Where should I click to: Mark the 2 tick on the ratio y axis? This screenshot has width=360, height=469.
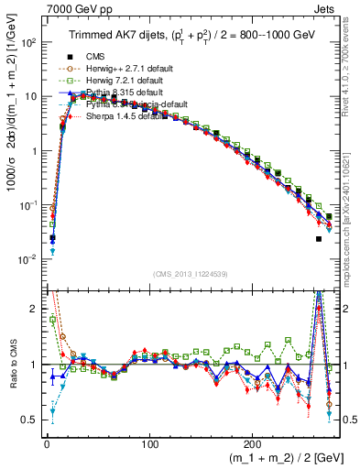pos(35,309)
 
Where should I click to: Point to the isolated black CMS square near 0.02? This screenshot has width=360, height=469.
pos(319,239)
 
